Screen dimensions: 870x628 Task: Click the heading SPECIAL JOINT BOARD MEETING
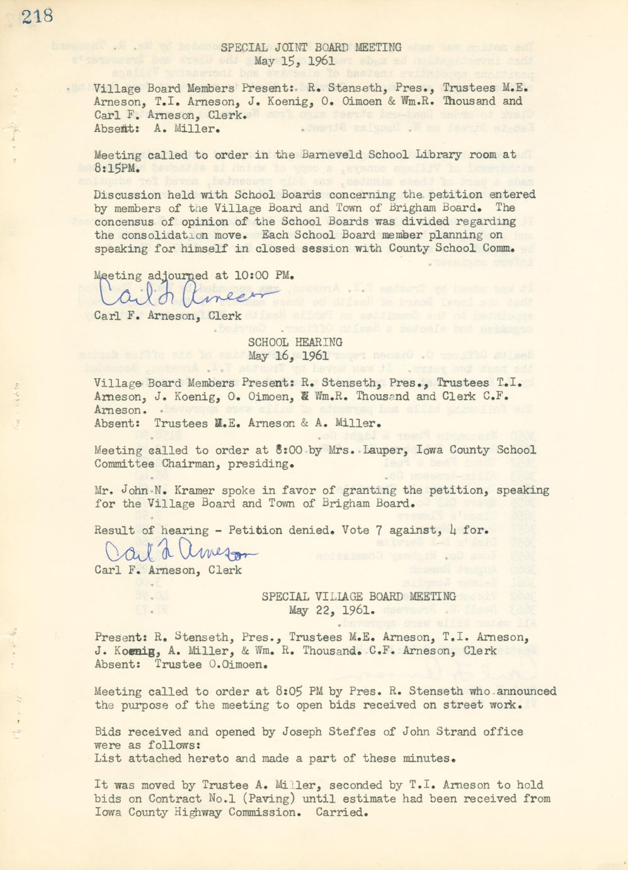311,47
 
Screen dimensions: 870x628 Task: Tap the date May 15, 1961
295,61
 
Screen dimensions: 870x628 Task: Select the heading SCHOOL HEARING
295,342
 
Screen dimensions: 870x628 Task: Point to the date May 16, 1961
288,356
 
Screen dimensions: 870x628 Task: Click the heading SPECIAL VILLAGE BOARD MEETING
358,596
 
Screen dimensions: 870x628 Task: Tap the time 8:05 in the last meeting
291,692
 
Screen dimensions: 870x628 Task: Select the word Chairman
191,463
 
